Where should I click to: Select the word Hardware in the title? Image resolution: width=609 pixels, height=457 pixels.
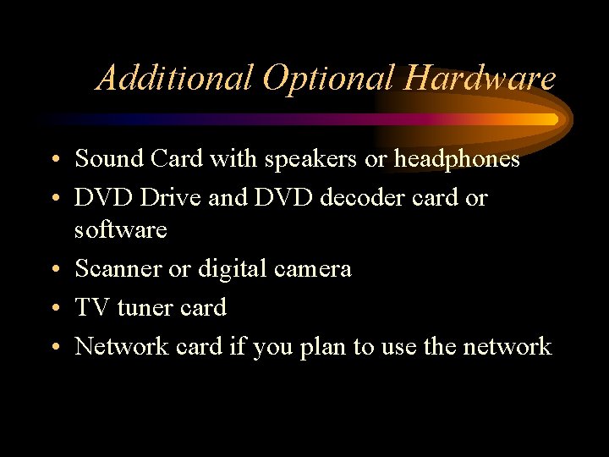pos(480,79)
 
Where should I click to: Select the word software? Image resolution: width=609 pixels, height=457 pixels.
pos(120,229)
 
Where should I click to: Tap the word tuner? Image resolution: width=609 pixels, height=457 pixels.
pos(144,307)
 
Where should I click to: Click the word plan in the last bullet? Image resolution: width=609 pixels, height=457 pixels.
pos(322,346)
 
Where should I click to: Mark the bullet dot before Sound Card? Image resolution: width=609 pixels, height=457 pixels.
pos(53,160)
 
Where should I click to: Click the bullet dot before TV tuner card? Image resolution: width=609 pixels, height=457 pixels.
pos(53,309)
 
